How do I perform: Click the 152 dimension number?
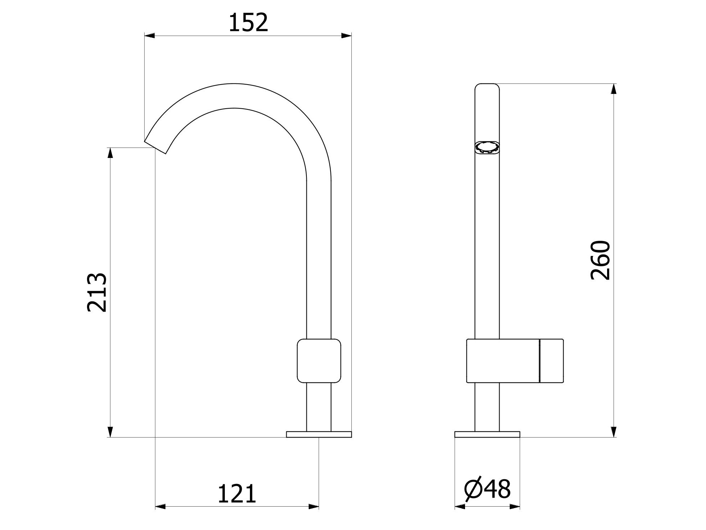tap(248, 22)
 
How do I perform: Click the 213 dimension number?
tap(97, 292)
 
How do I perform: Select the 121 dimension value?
tap(237, 494)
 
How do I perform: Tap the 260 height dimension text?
tap(600, 260)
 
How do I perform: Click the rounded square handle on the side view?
tap(319, 360)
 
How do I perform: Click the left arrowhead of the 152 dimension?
tap(149, 35)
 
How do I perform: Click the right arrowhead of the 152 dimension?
tap(346, 35)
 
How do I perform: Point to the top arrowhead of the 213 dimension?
tap(110, 153)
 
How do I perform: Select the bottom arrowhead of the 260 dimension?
tap(614, 432)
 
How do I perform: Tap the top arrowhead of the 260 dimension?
tap(614, 89)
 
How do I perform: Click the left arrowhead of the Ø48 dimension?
tap(460, 507)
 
